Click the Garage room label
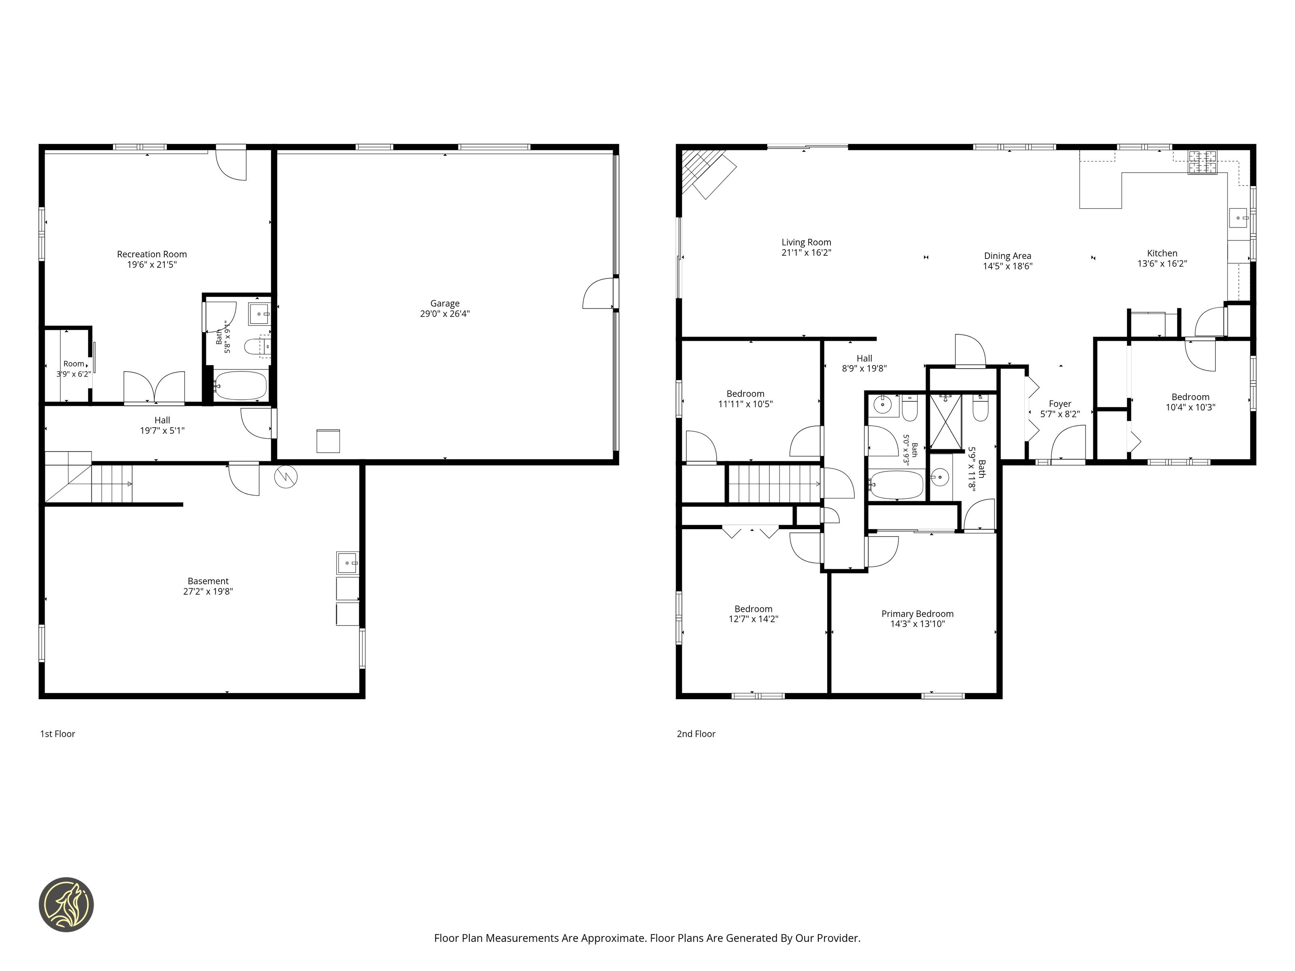444,303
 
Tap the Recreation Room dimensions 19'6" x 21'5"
152,265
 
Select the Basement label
208,581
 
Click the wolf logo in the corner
66,904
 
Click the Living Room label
806,242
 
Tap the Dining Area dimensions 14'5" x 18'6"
1008,266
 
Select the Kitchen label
1162,253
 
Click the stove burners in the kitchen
1202,162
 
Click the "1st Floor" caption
57,734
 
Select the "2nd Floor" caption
696,734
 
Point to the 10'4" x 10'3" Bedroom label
1190,397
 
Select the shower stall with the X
945,422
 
